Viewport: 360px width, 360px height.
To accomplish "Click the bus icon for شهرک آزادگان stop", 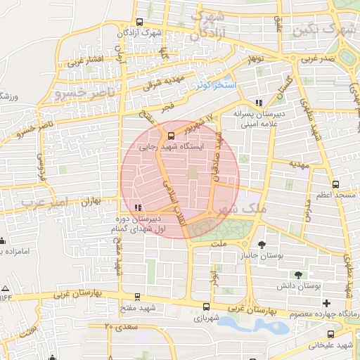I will [x=139, y=21].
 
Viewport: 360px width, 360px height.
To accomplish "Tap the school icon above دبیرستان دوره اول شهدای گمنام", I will [x=138, y=207].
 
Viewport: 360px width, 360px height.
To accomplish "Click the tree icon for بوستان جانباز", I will [x=262, y=245].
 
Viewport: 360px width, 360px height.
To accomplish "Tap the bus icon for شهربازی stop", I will [x=205, y=307].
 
